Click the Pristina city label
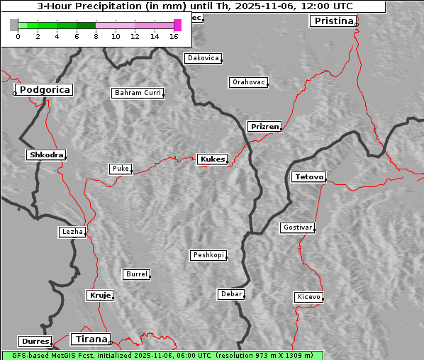333,21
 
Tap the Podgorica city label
45,90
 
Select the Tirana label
90,339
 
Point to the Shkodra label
46,154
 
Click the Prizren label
264,127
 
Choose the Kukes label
212,159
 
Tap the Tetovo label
308,176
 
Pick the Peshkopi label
208,255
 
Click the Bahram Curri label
138,93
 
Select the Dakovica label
202,58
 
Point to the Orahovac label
248,82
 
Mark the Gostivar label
296,227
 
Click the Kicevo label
308,297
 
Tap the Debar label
231,294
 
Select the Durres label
35,342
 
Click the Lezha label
72,232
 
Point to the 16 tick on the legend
174,35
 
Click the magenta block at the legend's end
177,25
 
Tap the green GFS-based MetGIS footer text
162,355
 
